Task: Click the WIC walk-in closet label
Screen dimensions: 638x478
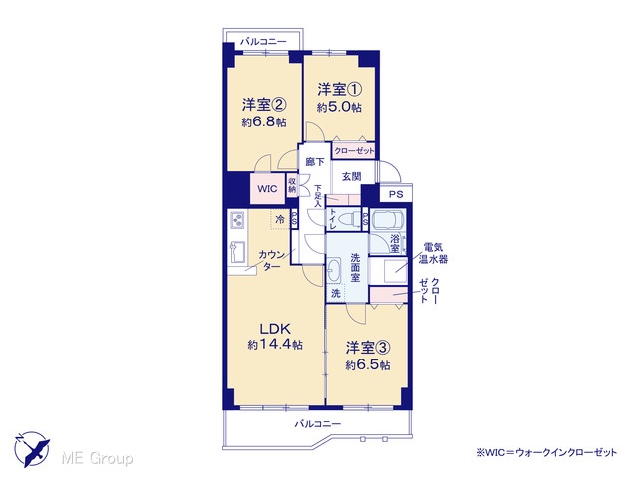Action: [267, 189]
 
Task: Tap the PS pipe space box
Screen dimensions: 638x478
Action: [396, 194]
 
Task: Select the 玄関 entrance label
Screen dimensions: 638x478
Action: [352, 177]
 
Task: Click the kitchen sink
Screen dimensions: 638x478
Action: [236, 252]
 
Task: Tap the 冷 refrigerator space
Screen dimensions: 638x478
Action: [280, 220]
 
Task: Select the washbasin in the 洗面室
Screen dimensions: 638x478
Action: [334, 270]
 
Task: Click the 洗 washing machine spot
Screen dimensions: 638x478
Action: [336, 293]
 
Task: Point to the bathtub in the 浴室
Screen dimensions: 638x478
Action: [387, 221]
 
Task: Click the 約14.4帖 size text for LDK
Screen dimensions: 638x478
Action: [275, 345]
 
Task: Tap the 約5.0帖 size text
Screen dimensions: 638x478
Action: [339, 107]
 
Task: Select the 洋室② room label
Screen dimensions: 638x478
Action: [264, 105]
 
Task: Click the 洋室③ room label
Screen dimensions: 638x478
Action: [368, 348]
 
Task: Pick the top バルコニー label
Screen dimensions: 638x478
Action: [263, 42]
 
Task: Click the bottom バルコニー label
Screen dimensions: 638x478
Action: [317, 424]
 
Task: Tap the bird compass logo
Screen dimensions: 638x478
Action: [32, 449]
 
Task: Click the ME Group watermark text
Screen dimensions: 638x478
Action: [98, 459]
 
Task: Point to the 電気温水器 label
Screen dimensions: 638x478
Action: [433, 253]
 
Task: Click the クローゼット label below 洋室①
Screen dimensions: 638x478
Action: [354, 151]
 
